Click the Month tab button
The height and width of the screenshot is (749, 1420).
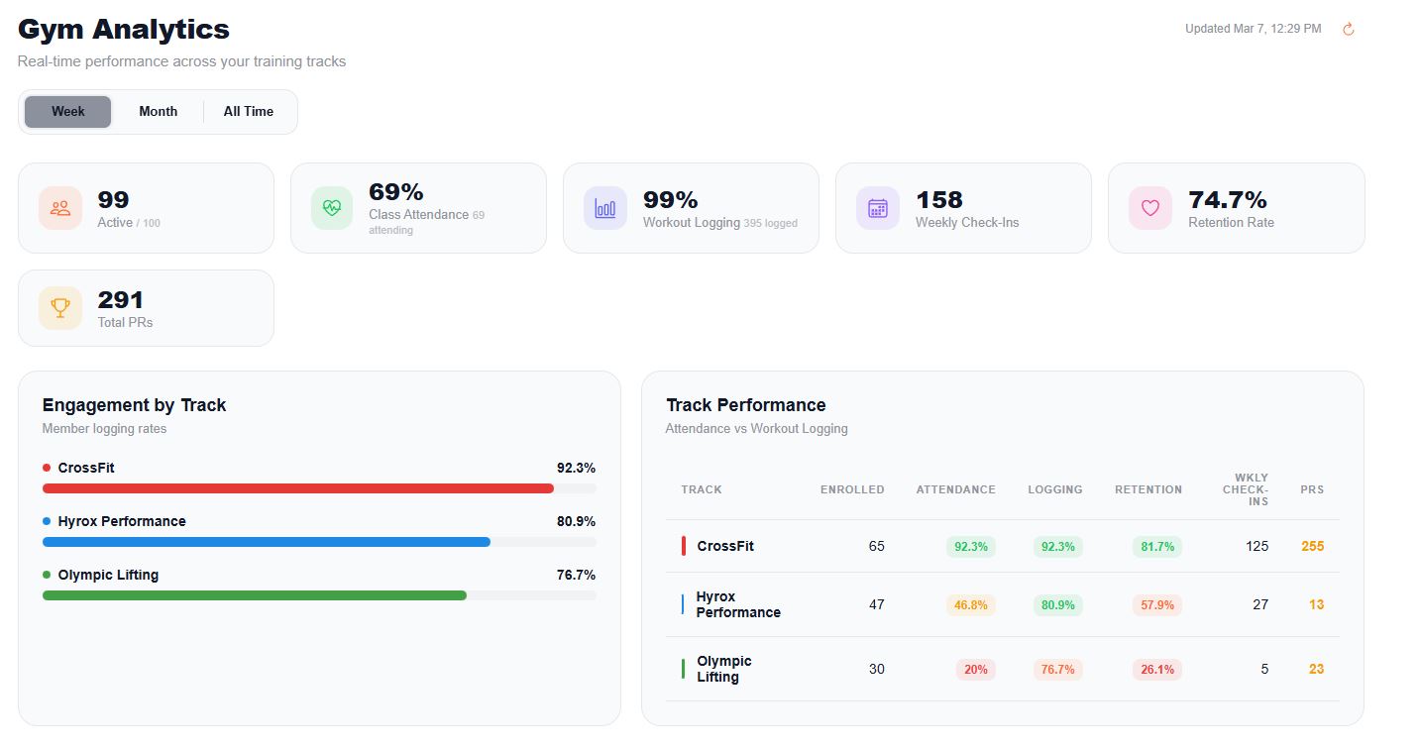(158, 112)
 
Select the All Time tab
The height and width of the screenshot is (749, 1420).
(248, 112)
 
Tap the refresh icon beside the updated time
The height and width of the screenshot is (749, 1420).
(1348, 30)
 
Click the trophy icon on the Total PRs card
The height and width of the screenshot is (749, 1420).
(60, 308)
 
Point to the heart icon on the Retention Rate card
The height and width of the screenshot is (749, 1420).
(1149, 208)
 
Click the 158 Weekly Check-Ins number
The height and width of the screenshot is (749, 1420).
(938, 200)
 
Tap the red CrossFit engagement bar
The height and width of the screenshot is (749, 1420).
(297, 488)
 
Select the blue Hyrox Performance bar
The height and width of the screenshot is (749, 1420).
(266, 542)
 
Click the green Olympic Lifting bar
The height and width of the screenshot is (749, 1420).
(254, 595)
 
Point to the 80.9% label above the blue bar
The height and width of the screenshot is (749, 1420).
(576, 521)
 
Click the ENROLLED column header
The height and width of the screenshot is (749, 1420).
(851, 489)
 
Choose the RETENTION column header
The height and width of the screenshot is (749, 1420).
(1147, 489)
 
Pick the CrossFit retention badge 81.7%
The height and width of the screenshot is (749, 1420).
(1156, 547)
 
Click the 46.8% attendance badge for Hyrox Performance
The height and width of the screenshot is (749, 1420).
(970, 604)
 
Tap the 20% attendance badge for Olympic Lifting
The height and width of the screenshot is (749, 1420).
(975, 670)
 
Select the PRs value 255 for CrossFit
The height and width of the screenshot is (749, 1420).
(1312, 546)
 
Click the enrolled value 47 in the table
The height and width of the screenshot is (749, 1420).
(876, 604)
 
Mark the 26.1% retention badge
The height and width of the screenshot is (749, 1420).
(1156, 670)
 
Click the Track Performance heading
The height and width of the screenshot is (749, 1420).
(745, 405)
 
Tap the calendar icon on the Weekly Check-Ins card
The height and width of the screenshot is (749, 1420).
(877, 208)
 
